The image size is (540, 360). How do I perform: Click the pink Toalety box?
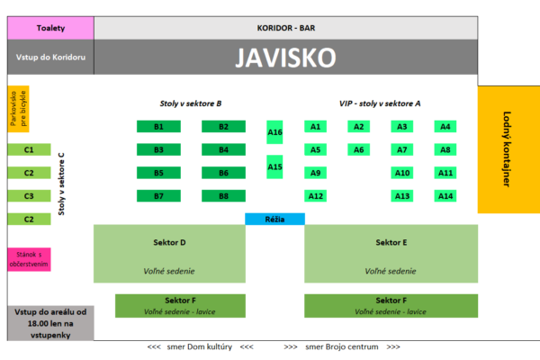(x=49, y=28)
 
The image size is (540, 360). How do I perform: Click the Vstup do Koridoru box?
(x=49, y=58)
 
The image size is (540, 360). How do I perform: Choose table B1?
(x=158, y=127)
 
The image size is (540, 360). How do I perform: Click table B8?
(x=224, y=195)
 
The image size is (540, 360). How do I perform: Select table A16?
(x=274, y=132)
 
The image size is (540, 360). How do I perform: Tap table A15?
(x=274, y=166)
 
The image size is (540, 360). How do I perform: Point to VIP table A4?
(x=445, y=127)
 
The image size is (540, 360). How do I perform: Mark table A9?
(x=315, y=173)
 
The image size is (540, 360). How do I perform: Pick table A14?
(x=445, y=195)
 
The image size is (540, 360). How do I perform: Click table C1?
(x=29, y=149)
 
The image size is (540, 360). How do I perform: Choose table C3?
(x=29, y=195)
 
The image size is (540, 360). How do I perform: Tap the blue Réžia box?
(x=274, y=219)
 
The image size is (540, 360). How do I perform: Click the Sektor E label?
(x=391, y=242)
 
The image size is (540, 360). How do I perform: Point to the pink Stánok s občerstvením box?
(x=29, y=259)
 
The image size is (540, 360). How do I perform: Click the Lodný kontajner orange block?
(x=508, y=148)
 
